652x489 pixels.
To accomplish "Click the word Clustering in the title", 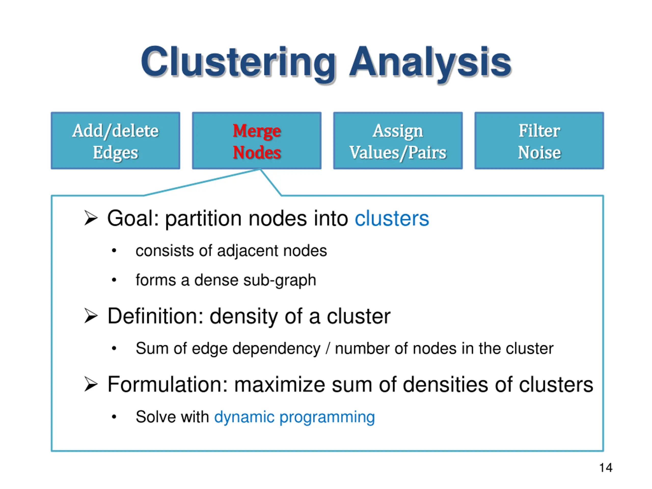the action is (x=238, y=63).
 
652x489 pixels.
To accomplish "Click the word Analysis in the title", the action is (x=430, y=63).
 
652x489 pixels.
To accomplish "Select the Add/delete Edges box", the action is (x=116, y=141).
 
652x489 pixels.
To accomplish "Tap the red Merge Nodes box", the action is (x=257, y=141).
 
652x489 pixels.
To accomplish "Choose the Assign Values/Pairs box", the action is (x=398, y=141).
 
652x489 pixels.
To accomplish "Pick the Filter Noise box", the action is (x=539, y=141).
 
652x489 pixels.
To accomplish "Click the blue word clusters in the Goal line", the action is (x=392, y=219).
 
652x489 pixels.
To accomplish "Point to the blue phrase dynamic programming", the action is (x=294, y=417).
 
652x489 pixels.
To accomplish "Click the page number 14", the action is (x=606, y=468).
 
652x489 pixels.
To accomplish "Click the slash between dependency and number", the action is (x=328, y=348).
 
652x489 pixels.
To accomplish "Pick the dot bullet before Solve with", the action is (x=114, y=417).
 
